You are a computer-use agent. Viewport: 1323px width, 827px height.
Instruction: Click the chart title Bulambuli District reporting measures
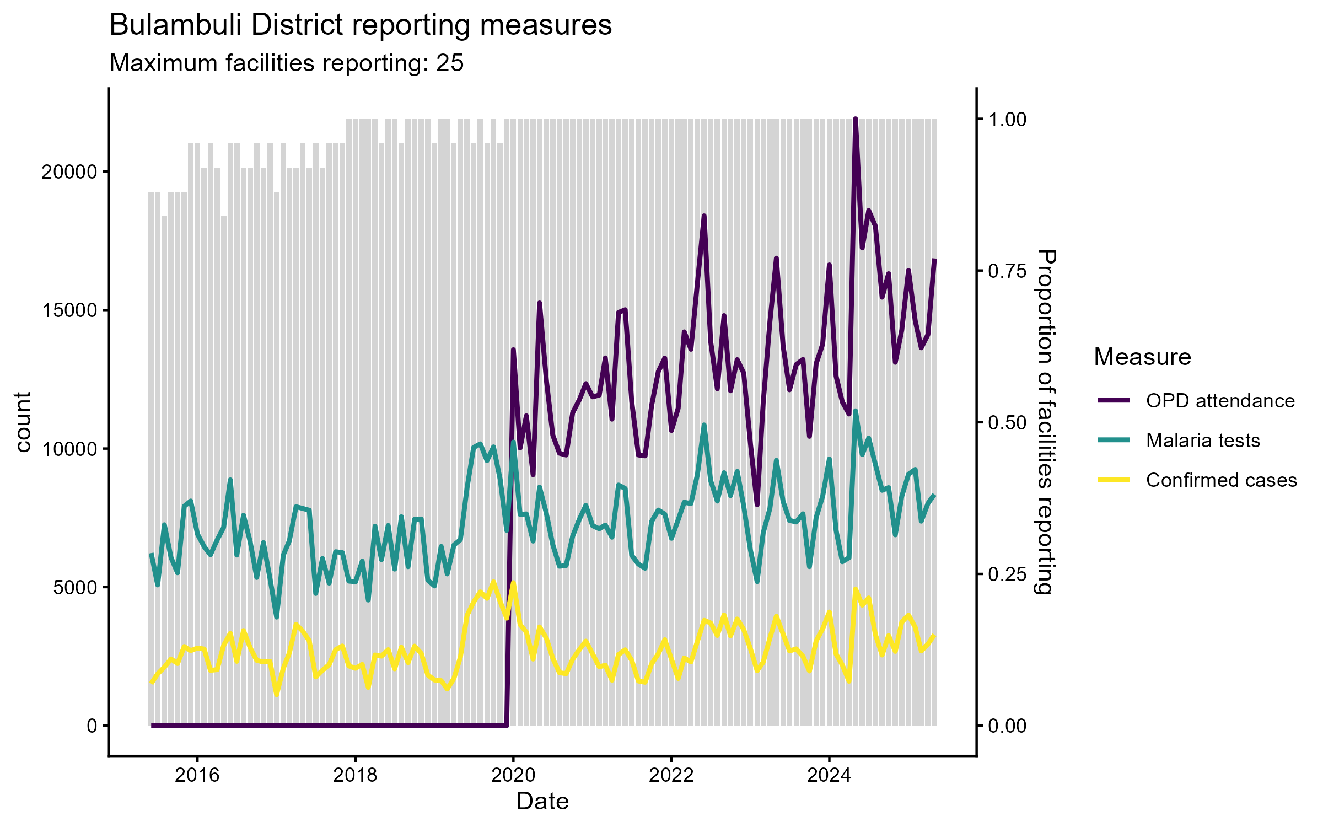(361, 25)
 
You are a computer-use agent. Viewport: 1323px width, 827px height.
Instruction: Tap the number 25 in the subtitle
(450, 63)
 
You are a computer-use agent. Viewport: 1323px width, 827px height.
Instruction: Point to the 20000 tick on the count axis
(69, 172)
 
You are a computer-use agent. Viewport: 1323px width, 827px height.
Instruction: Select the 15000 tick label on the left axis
(69, 310)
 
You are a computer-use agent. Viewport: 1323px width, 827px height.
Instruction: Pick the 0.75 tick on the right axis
(1007, 271)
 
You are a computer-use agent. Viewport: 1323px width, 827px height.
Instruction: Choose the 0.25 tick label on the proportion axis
(1007, 574)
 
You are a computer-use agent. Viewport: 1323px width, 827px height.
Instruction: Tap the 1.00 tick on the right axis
(1007, 120)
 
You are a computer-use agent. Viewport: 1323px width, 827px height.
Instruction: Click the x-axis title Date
(542, 801)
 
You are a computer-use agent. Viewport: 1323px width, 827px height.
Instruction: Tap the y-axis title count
(23, 422)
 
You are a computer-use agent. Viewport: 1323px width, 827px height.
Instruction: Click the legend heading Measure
(1142, 357)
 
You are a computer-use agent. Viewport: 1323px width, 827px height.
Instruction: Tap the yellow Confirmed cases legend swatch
(1114, 480)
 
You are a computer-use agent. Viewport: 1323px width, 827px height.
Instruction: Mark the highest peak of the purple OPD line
(856, 119)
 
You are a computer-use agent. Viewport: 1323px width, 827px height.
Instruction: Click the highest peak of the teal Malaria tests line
(856, 411)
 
